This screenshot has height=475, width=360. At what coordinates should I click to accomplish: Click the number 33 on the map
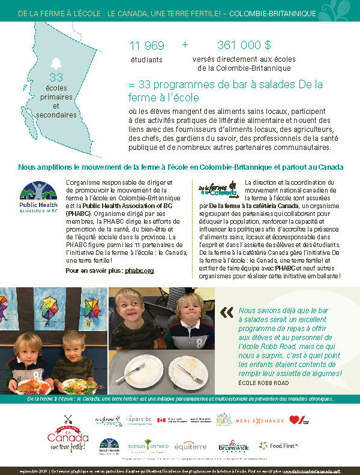pos(56,77)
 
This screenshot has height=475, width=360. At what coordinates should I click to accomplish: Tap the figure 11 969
pos(147,46)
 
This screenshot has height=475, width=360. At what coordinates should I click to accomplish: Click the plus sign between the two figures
pos(185,44)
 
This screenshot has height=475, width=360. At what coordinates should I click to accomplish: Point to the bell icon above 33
pos(56,64)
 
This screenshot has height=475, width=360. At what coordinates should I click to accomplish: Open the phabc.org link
pos(139,270)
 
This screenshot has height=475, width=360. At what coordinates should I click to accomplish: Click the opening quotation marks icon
pos(227,312)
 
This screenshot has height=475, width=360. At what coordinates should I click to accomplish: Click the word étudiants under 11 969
pos(146,60)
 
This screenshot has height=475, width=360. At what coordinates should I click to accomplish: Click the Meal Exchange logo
pos(259,420)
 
